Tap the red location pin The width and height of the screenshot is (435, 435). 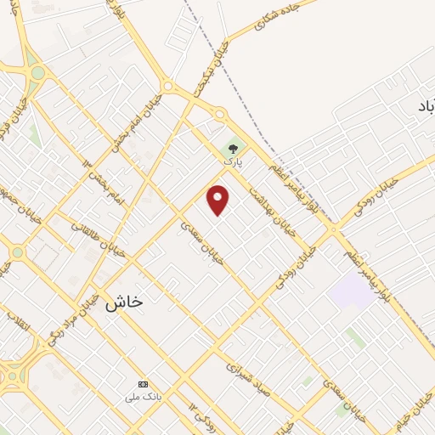coord(219,200)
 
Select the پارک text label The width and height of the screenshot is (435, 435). coord(233,161)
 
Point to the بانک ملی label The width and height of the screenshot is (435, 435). coord(142,396)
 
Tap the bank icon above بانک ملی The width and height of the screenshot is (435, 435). coord(142,384)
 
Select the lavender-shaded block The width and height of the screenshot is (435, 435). coord(351,291)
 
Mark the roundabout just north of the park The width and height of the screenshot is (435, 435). coord(219,114)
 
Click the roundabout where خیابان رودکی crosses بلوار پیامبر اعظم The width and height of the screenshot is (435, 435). coord(334,229)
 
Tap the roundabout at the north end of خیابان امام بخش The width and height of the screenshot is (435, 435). coord(167,86)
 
